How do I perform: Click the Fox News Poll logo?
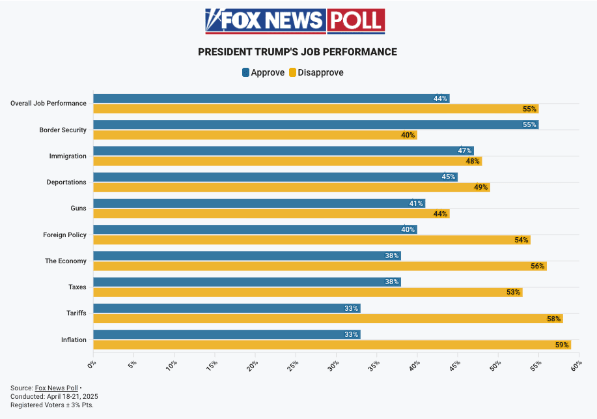pyautogui.click(x=295, y=21)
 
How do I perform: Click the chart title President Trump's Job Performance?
pyautogui.click(x=298, y=52)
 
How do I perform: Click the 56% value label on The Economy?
pyautogui.click(x=537, y=266)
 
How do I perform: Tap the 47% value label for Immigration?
pyautogui.click(x=464, y=151)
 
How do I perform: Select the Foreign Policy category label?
pyautogui.click(x=64, y=235)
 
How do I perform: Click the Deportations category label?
pyautogui.click(x=66, y=182)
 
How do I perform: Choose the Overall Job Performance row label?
pyautogui.click(x=48, y=103)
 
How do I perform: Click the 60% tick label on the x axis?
pyautogui.click(x=576, y=366)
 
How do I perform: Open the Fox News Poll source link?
pyautogui.click(x=56, y=388)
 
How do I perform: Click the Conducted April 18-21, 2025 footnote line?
pyautogui.click(x=54, y=396)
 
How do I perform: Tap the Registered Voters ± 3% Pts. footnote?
pyautogui.click(x=52, y=405)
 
